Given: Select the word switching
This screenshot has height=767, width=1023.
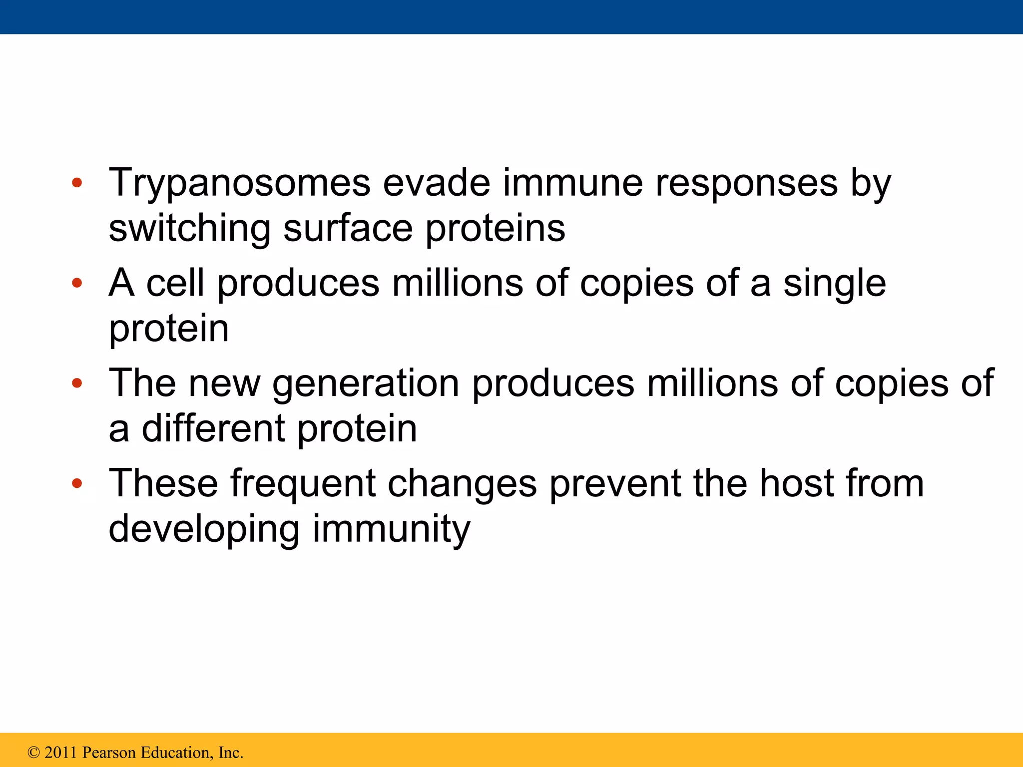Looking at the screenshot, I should [x=190, y=229].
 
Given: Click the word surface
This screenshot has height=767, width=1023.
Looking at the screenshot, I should [x=348, y=228].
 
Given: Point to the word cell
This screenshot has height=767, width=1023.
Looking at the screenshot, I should [x=175, y=283].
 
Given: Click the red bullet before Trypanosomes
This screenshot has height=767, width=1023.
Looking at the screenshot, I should [x=76, y=183].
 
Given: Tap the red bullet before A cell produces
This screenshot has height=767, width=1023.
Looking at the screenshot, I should [x=76, y=283].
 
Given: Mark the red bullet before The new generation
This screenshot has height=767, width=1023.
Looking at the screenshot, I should [x=76, y=383].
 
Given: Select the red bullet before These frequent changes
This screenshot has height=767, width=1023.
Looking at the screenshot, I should [x=76, y=483].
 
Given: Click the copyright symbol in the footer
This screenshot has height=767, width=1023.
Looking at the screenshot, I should [x=33, y=753].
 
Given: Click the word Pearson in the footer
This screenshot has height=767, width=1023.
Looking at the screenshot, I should [x=109, y=753].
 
